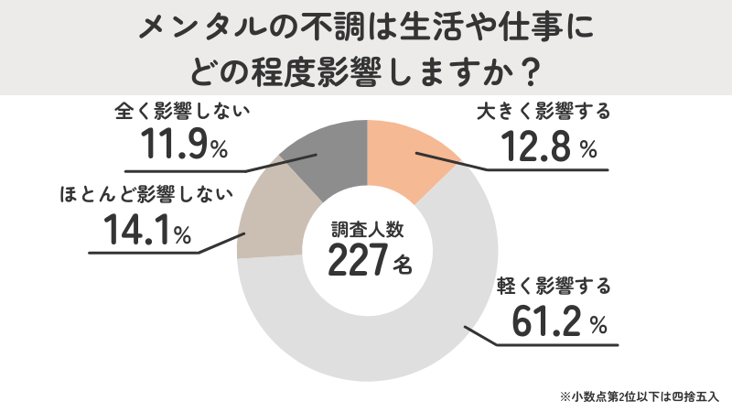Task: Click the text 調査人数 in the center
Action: pyautogui.click(x=366, y=228)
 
